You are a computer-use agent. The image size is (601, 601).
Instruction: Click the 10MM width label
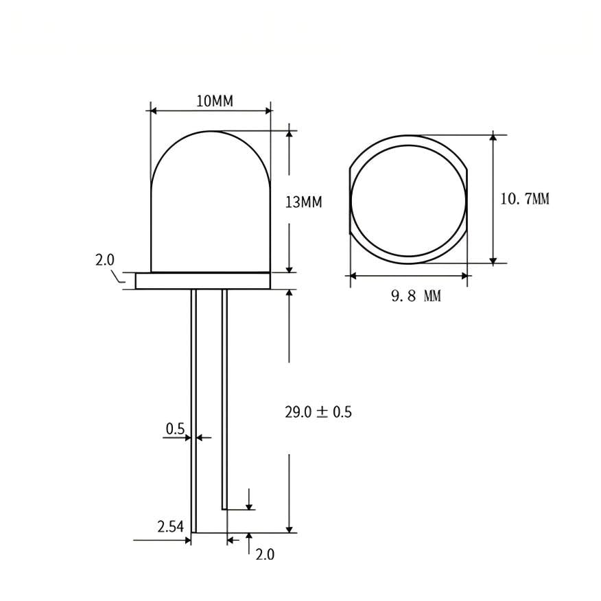(x=215, y=101)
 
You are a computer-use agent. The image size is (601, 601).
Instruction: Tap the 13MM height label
(x=303, y=202)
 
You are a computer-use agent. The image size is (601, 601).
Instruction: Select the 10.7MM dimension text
(x=525, y=199)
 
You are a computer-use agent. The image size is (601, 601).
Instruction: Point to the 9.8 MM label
(x=416, y=296)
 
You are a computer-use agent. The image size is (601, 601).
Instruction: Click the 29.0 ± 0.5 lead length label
(x=318, y=412)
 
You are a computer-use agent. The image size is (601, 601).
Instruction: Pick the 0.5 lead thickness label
(x=175, y=429)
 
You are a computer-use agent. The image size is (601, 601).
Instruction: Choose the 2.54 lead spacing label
(x=171, y=527)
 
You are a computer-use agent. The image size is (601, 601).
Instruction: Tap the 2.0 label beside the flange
(x=105, y=260)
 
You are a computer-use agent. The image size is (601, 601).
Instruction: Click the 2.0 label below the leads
(x=265, y=554)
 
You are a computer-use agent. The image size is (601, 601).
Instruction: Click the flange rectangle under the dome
(x=203, y=281)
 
